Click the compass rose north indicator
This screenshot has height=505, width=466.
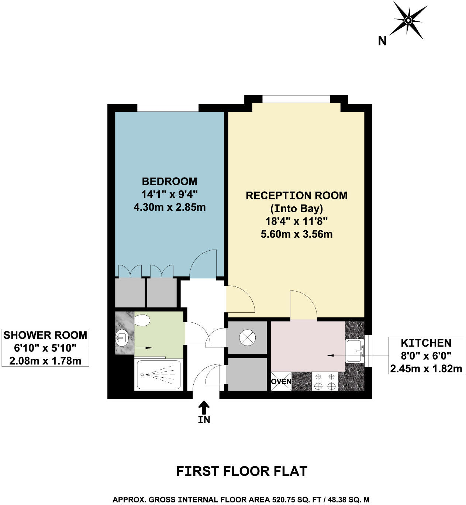[x=408, y=20]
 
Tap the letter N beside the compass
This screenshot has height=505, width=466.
[x=382, y=41]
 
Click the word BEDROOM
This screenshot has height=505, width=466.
[x=169, y=181]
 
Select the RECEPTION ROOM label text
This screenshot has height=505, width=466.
[x=296, y=195]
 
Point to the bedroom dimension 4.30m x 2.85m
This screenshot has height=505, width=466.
[x=169, y=207]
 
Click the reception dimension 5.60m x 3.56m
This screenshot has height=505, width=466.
[x=296, y=234]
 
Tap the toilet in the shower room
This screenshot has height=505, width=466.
[x=142, y=320]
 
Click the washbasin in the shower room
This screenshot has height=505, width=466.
[x=121, y=337]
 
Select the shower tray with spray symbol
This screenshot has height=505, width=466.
[x=159, y=375]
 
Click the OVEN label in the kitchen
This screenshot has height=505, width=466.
[x=281, y=381]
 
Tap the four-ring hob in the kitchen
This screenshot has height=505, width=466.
[x=325, y=381]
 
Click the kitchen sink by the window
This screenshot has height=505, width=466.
[x=355, y=351]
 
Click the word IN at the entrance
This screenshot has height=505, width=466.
[x=204, y=420]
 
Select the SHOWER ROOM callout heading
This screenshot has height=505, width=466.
[x=45, y=335]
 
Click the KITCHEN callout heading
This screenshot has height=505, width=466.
[x=426, y=343]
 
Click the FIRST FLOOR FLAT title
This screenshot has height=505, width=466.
[x=242, y=471]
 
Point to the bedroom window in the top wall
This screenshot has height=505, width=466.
[x=168, y=108]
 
